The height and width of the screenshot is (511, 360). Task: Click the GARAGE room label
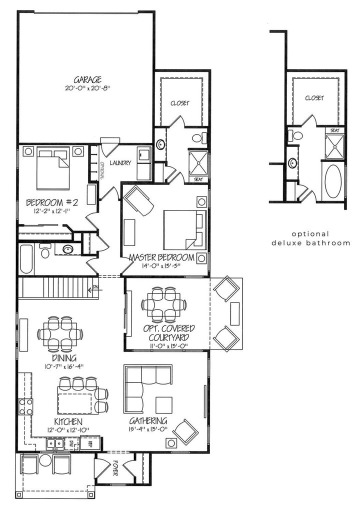[x=88, y=79]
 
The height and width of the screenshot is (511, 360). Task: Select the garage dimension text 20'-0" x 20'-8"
[x=88, y=88]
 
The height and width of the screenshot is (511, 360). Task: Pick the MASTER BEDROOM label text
[x=161, y=257]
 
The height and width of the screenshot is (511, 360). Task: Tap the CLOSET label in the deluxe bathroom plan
[x=314, y=98]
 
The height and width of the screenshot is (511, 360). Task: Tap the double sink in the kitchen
[x=54, y=442]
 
